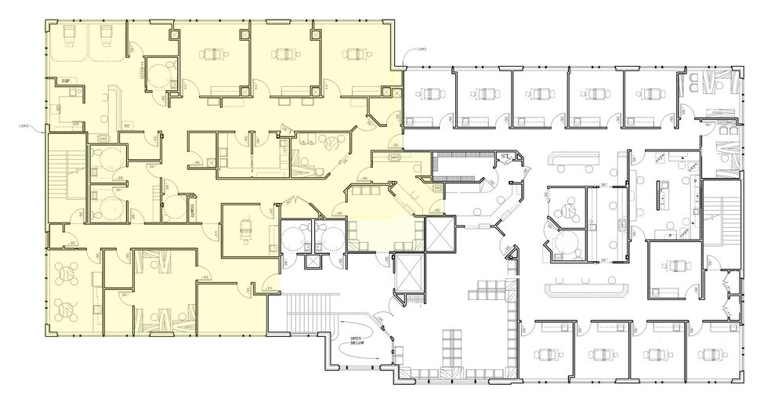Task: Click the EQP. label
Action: coord(68,80)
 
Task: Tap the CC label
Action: coord(127,124)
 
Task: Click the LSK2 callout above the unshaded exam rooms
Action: coord(422,49)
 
